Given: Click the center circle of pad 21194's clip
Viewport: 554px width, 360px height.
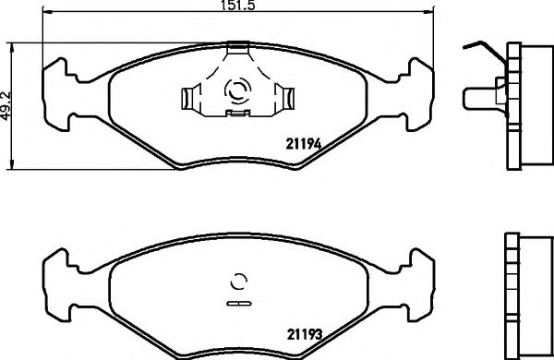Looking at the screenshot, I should tap(238, 91).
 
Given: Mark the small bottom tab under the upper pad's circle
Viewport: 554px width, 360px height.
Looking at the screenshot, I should tap(238, 114).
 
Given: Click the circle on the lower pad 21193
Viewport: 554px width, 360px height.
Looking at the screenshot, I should tap(238, 283).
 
